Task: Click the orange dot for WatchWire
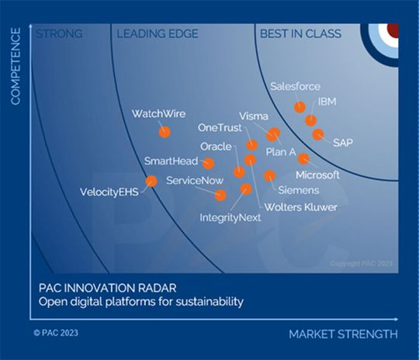[x=164, y=132]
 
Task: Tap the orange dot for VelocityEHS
[x=151, y=181]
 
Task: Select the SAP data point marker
[x=318, y=134]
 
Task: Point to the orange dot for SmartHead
[x=208, y=163]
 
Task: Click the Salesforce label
[x=296, y=86]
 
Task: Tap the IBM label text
[x=327, y=102]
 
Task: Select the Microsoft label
[x=317, y=175]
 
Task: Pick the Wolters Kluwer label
[x=300, y=207]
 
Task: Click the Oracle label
[x=216, y=146]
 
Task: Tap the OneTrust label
[x=220, y=127]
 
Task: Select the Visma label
[x=254, y=116]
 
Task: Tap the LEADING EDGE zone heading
[x=157, y=33]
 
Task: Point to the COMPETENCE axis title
[x=15, y=66]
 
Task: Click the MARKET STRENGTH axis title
[x=343, y=334]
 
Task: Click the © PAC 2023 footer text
[x=55, y=333]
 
